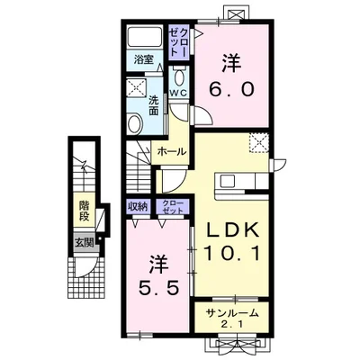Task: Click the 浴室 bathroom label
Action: coord(143,60)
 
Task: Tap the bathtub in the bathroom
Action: coord(145,36)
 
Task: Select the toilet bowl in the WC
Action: coord(179,77)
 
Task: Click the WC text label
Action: coord(179,93)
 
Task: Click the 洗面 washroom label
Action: coord(153,105)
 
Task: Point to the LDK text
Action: coord(231,230)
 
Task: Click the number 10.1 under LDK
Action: coord(231,253)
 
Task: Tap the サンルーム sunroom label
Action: coord(232,313)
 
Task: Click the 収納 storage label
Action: coord(138,206)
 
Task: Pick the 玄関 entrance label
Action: coord(84,243)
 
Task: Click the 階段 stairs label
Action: coord(85,211)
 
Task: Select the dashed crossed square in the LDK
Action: coord(258,143)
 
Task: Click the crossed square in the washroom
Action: coord(137,88)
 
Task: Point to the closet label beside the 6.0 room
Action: coord(179,42)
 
